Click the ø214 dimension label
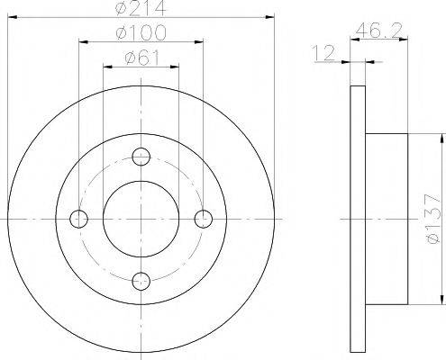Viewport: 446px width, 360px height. [141, 8]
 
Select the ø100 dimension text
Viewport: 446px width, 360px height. [141, 32]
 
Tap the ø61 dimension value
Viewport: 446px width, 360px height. [141, 57]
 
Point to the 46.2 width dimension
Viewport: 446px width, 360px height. [378, 30]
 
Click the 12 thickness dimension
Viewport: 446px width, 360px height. [323, 53]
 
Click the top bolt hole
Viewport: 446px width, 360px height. [141, 157]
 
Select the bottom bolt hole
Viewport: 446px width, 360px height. [141, 281]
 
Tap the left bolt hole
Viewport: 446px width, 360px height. [78, 219]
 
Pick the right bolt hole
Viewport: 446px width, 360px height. [204, 219]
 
